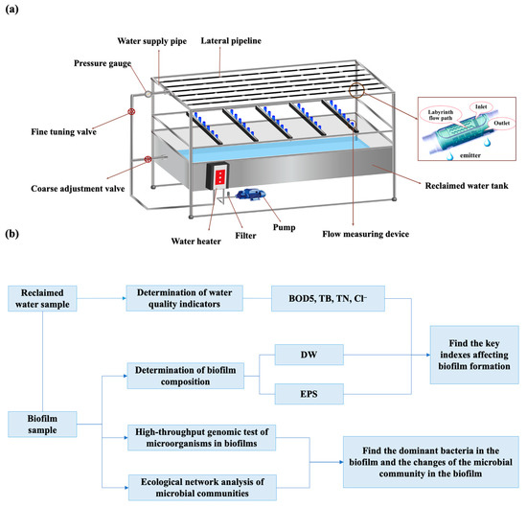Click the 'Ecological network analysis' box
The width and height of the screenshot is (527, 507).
191,487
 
